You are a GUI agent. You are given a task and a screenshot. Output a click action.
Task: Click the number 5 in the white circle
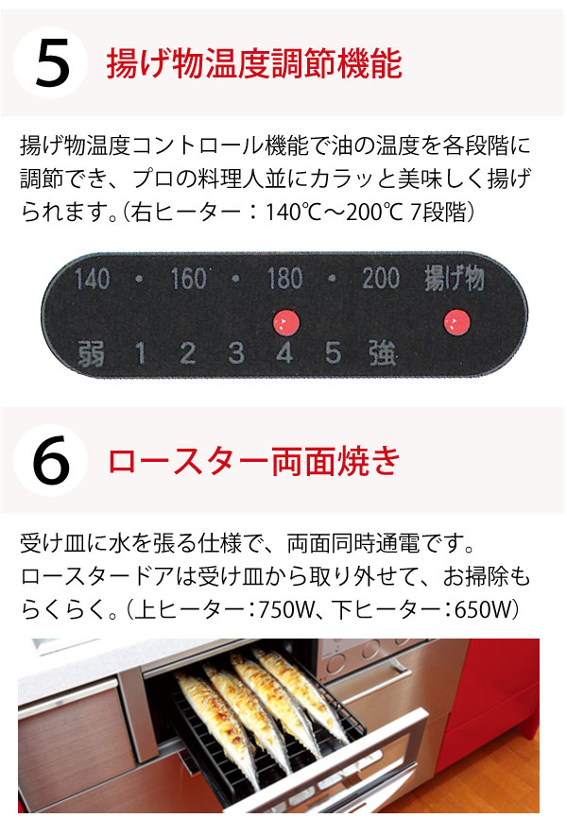click(51, 64)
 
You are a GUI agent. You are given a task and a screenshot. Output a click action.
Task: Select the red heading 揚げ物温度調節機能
click(256, 65)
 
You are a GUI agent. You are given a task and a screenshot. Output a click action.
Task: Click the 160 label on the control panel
click(188, 279)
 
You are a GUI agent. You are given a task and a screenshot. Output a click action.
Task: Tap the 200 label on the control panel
click(380, 279)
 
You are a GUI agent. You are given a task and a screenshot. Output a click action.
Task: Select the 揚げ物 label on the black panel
click(455, 279)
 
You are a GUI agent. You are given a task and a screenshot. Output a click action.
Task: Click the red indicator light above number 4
click(284, 324)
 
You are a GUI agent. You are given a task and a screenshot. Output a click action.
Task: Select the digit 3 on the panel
click(236, 354)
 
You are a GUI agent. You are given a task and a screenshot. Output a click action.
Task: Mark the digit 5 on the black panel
click(333, 354)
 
